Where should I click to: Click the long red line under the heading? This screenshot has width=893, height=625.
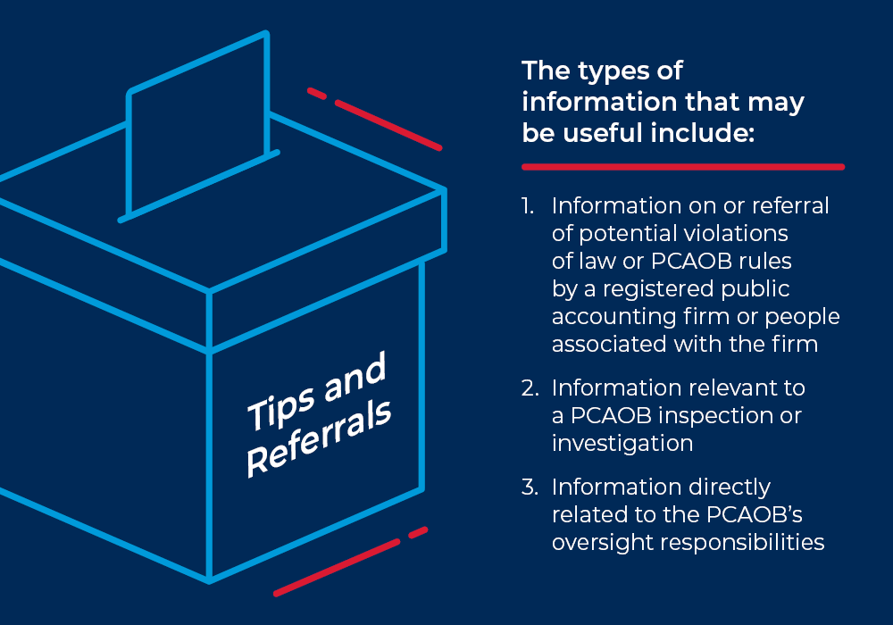[682, 166]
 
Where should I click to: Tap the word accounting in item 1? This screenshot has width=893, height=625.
[610, 317]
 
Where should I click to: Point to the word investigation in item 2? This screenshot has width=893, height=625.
[622, 444]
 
